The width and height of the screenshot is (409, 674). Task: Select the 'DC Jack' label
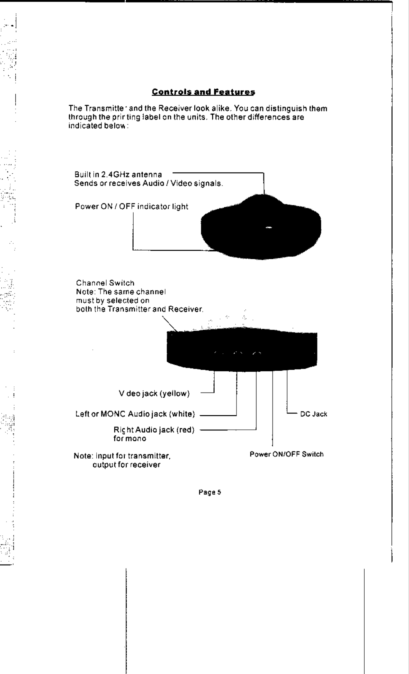(314, 414)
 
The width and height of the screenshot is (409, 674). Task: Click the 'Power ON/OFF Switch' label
(287, 454)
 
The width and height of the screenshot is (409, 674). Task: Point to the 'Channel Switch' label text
(105, 283)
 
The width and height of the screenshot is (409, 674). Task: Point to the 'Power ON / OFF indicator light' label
(131, 206)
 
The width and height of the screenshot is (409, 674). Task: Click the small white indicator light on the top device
(269, 228)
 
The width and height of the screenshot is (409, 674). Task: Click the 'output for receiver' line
(126, 464)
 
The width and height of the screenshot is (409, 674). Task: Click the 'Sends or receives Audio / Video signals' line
(149, 184)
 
